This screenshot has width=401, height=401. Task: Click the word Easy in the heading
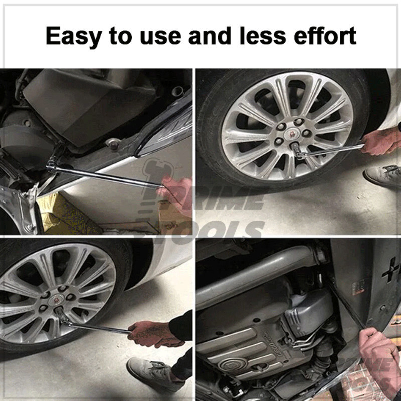click(x=74, y=36)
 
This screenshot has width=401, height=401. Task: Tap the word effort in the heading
click(x=325, y=35)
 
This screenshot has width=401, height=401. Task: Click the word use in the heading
click(x=160, y=38)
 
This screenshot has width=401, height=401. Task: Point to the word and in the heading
click(x=210, y=35)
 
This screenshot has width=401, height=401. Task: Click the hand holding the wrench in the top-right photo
click(x=380, y=141)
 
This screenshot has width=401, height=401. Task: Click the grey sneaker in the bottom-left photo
click(x=153, y=373)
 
